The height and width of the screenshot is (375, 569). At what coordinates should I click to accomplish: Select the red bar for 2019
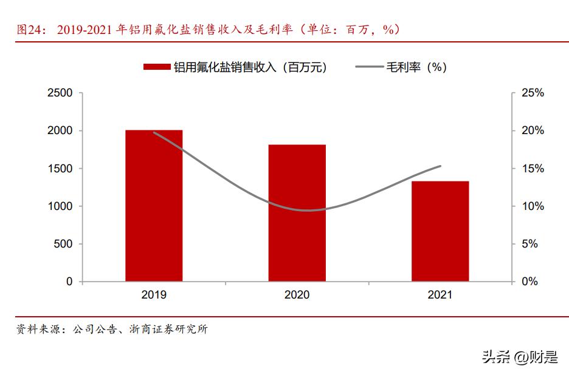[x=154, y=206]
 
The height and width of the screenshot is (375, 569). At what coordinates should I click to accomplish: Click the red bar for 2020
[x=297, y=213]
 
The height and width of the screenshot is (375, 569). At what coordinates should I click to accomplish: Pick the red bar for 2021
[x=440, y=231]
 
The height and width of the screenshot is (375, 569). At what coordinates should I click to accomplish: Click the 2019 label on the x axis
[x=154, y=295]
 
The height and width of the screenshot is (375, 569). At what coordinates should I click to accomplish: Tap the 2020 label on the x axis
[x=297, y=295]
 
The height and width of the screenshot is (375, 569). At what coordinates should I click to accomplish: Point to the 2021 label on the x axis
[x=440, y=295]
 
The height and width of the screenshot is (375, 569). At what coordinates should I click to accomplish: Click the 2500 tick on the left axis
[x=60, y=93]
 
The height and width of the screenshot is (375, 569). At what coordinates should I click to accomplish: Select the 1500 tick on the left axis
[x=60, y=169]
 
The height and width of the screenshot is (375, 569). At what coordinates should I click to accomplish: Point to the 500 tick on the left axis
[x=63, y=244]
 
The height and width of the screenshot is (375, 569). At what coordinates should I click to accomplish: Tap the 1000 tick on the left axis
[x=60, y=206]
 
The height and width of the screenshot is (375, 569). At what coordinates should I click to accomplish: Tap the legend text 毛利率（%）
[x=416, y=67]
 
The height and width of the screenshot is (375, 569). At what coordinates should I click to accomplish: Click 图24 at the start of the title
[x=28, y=30]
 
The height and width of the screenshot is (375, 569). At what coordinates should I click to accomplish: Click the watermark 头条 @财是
[x=520, y=357]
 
